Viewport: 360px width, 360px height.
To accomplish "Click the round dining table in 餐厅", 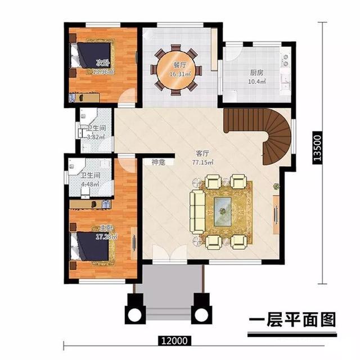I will pos(176,70).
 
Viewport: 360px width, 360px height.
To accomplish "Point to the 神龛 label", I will pos(159,163).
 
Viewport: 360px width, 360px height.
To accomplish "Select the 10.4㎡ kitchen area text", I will pos(258,82).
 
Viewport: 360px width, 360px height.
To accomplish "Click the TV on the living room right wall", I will pos(276,214).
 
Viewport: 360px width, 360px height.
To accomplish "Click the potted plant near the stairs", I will pos(276,186).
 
